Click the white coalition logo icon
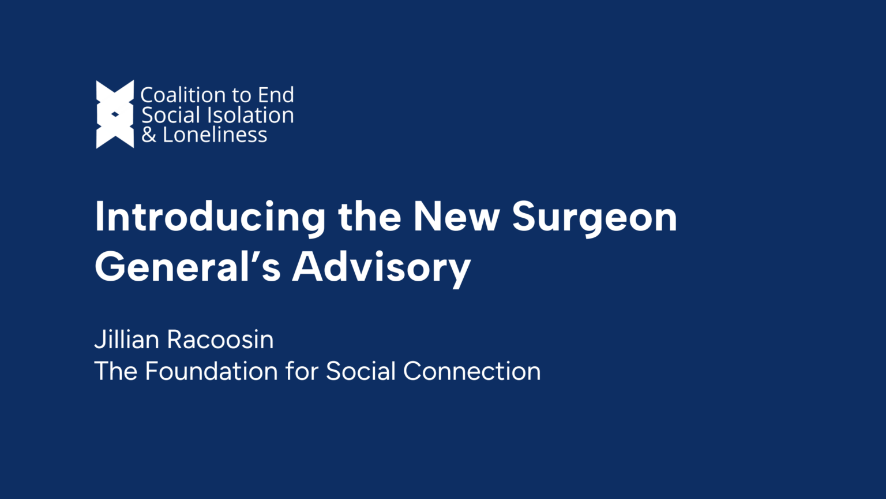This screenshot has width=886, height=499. click(115, 114)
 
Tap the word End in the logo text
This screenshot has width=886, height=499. click(276, 95)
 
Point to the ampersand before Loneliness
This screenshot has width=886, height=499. click(149, 135)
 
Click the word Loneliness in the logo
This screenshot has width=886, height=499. click(215, 135)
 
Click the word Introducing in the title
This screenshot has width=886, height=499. click(211, 217)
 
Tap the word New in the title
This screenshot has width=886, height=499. click(457, 217)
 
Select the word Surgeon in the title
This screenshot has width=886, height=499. click(595, 217)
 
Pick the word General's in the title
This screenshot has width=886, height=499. click(188, 267)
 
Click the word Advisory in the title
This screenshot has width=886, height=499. click(381, 267)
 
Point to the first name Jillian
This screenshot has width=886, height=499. click(127, 340)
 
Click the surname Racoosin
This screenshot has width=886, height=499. click(220, 340)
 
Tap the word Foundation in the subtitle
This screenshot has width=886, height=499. click(211, 371)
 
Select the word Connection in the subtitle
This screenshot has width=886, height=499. click(472, 371)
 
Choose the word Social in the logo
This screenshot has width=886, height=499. click(171, 115)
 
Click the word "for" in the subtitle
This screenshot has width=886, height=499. click(302, 371)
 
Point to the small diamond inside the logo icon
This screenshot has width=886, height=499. click(115, 114)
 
